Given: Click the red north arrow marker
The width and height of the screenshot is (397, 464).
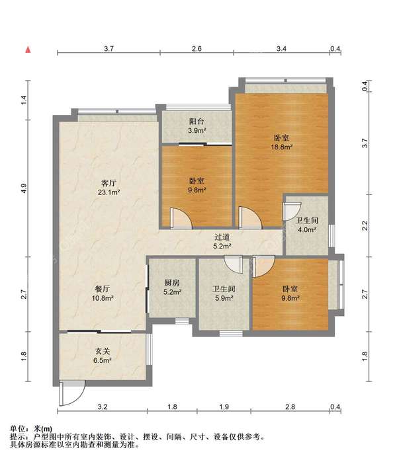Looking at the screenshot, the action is [x=28, y=50].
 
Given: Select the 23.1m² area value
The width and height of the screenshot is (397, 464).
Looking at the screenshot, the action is [x=109, y=192].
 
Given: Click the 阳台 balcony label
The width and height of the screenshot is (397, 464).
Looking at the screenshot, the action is [x=197, y=121].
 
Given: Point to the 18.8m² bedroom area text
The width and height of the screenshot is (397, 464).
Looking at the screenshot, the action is [x=281, y=147].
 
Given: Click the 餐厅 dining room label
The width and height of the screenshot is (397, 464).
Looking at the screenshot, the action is [x=103, y=289].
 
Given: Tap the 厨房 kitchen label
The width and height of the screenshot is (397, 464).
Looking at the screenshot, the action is [x=172, y=283].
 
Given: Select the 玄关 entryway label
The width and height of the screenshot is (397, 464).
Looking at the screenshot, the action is [x=103, y=351].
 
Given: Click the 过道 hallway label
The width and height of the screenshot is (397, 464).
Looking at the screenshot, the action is [x=222, y=237].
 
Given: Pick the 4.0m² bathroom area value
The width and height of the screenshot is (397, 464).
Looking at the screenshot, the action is [x=307, y=229].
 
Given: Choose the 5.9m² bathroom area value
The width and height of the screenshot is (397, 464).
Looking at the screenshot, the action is [x=224, y=298].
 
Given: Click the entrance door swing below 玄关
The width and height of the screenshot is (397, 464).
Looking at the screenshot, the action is [x=72, y=393].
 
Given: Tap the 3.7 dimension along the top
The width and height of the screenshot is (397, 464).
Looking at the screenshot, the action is [x=109, y=48].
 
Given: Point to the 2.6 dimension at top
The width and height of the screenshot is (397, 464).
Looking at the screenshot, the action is [x=197, y=48].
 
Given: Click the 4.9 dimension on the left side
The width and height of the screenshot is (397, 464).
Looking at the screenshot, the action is [x=24, y=188].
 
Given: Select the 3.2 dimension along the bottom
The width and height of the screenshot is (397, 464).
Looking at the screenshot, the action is [x=102, y=406].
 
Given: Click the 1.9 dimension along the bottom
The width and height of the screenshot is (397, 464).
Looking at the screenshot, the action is [x=224, y=406].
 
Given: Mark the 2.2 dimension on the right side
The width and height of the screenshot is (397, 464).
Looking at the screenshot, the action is [x=365, y=225].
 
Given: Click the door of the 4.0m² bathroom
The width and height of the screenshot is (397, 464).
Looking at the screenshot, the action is [x=292, y=212].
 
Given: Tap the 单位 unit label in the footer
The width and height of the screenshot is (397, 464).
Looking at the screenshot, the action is [x=17, y=428].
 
